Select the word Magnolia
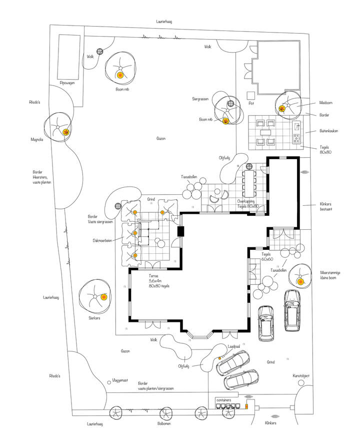36,140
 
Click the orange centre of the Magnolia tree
65,132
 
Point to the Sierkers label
94,317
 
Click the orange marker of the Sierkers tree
103,297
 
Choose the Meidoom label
326,103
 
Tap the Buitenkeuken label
330,131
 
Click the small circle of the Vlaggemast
109,382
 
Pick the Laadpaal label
234,346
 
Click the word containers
223,400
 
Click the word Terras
154,276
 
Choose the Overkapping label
248,201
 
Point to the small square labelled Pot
250,96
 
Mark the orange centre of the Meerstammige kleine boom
300,281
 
